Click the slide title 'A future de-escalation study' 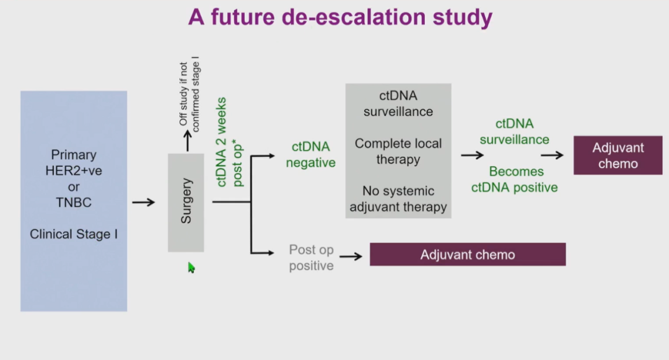pyautogui.click(x=340, y=17)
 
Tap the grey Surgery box pyautogui.click(x=186, y=202)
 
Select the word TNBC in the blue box pyautogui.click(x=74, y=203)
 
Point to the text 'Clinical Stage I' pyautogui.click(x=74, y=234)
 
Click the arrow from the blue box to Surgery pyautogui.click(x=143, y=202)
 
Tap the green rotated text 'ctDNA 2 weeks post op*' pyautogui.click(x=229, y=142)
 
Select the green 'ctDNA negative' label pyautogui.click(x=311, y=155)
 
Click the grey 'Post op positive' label pyautogui.click(x=311, y=258)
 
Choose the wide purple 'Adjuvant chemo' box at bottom pyautogui.click(x=468, y=255)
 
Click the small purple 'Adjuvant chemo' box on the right pyautogui.click(x=618, y=156)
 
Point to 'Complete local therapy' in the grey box pyautogui.click(x=398, y=151)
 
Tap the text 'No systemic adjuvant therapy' pyautogui.click(x=398, y=199)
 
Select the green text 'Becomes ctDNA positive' pyautogui.click(x=515, y=179)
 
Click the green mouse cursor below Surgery pyautogui.click(x=191, y=268)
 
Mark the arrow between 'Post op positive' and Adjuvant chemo pyautogui.click(x=351, y=256)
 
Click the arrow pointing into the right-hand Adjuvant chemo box pyautogui.click(x=552, y=155)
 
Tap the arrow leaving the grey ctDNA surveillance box pyautogui.click(x=472, y=155)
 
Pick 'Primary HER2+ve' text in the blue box pyautogui.click(x=74, y=162)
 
